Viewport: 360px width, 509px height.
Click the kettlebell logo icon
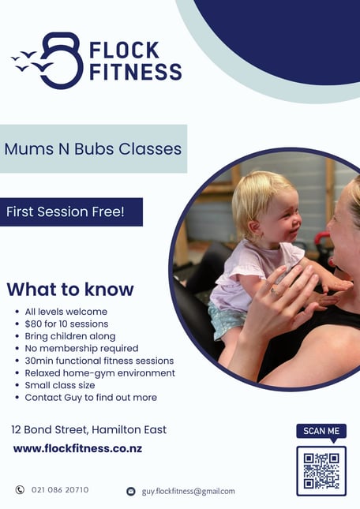click(x=62, y=61)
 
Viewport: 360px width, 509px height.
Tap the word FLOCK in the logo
click(x=124, y=50)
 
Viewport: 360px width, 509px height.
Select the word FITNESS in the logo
click(x=135, y=72)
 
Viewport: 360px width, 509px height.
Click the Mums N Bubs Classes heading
click(x=93, y=149)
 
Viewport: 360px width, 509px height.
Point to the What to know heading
click(x=70, y=290)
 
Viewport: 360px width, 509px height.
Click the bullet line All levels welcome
click(x=66, y=312)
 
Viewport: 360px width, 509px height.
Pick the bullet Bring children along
click(x=70, y=336)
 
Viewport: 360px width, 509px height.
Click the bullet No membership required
click(x=81, y=348)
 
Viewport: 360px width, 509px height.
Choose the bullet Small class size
click(x=60, y=385)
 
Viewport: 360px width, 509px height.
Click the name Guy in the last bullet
click(x=73, y=398)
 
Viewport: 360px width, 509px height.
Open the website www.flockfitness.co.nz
click(x=77, y=448)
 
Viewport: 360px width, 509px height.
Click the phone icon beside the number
click(x=20, y=489)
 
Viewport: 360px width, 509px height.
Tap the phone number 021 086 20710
click(x=60, y=489)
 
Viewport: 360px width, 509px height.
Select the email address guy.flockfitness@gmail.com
click(x=188, y=492)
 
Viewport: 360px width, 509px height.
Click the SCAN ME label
click(x=321, y=431)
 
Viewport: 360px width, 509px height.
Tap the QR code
click(x=321, y=471)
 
